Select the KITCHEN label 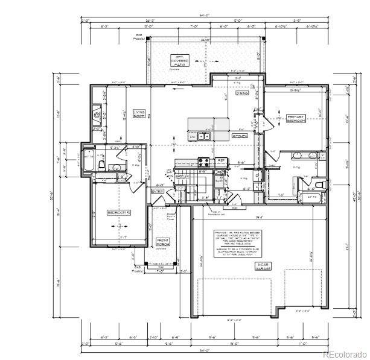[240, 136]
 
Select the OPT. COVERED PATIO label [180, 60]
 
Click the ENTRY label [158, 191]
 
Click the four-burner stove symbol [203, 162]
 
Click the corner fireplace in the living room [97, 113]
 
